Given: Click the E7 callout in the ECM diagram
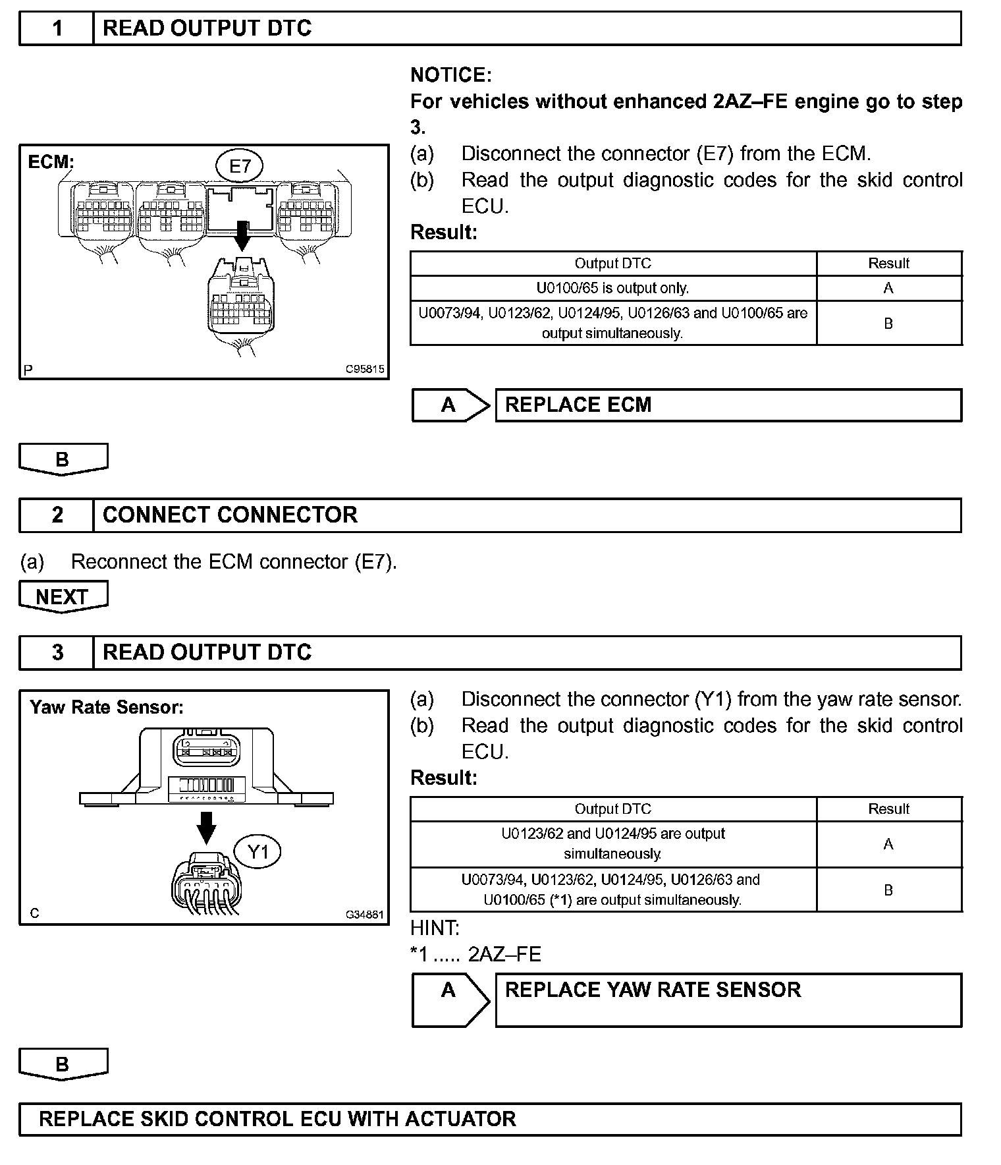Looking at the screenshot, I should (240, 166).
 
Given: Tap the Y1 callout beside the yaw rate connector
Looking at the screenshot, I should (258, 852).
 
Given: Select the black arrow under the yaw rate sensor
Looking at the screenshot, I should (206, 828).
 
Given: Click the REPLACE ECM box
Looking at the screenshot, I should (728, 405).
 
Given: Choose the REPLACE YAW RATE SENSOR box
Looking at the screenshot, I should (728, 1000).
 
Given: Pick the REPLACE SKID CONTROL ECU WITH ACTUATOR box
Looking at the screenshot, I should (490, 1119).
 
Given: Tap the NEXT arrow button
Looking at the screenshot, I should (63, 596).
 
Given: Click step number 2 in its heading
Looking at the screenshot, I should (57, 515).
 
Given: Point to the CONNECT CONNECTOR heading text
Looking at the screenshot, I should (230, 515).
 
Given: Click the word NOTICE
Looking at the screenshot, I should (450, 75).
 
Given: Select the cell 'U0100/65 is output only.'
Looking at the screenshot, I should (612, 288).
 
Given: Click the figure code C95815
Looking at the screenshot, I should (365, 370).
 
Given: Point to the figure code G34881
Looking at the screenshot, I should (365, 915).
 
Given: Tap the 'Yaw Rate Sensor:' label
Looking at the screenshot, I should (107, 708).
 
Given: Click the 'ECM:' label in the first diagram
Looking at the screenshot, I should (51, 162).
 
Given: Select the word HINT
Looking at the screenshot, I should (435, 928).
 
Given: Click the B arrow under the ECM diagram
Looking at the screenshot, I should (63, 459).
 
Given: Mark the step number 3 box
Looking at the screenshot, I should (57, 652).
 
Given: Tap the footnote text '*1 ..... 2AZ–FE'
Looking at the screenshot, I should (475, 954).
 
